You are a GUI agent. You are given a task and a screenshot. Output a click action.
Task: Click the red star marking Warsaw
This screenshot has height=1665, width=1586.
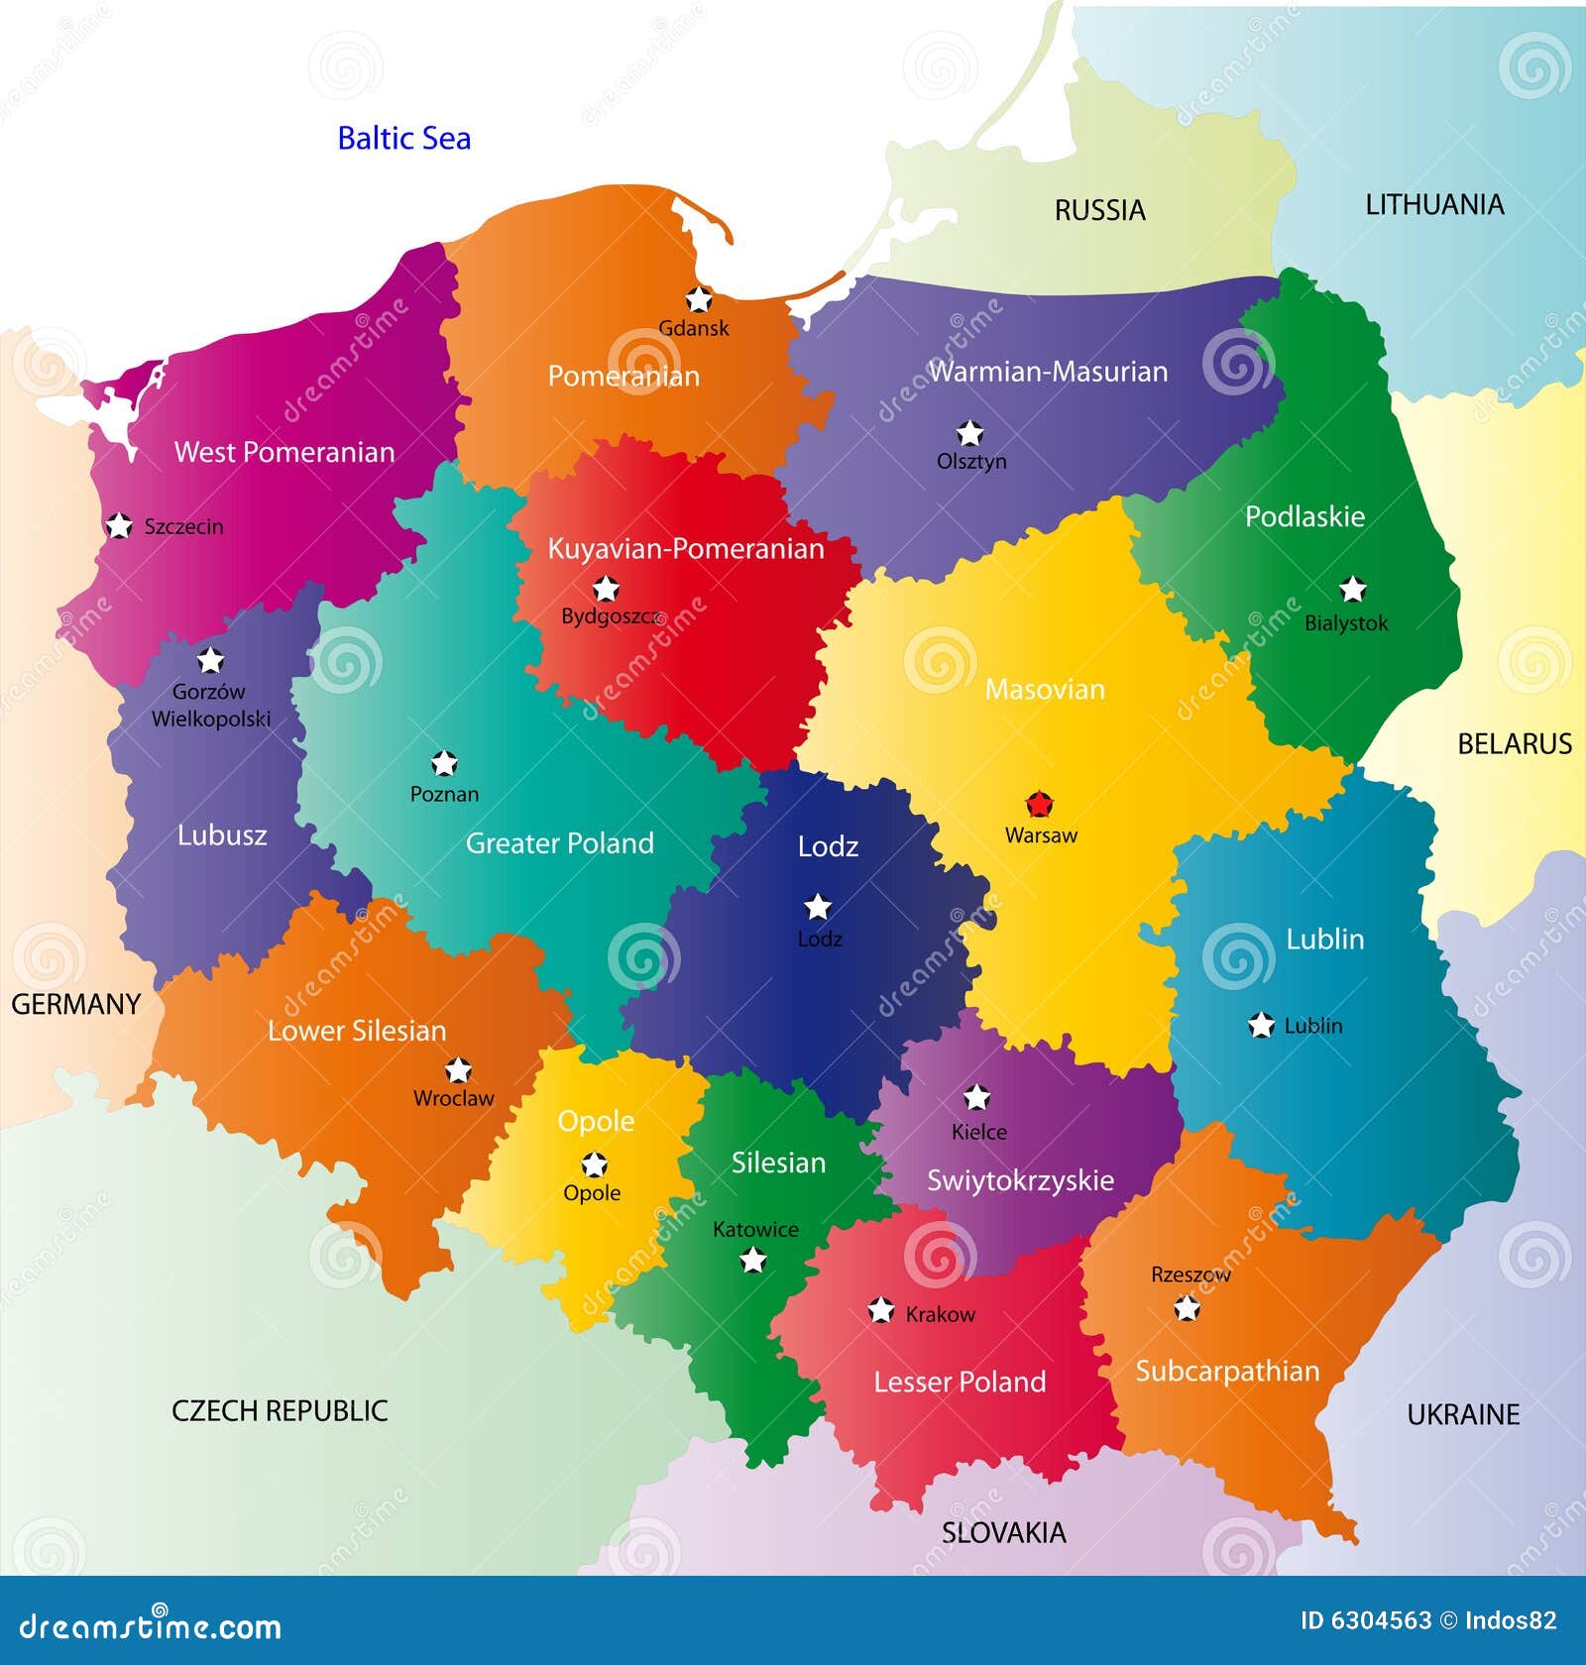pos(1038,804)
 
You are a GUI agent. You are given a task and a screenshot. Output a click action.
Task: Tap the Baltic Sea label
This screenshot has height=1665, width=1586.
pos(403,138)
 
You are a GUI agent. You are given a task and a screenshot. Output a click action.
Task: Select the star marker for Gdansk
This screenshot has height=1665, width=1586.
pos(699,298)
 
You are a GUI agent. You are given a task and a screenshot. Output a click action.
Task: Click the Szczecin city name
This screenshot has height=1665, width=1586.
pos(183,526)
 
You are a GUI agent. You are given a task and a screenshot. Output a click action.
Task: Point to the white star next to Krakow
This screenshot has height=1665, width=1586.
pos(880,1311)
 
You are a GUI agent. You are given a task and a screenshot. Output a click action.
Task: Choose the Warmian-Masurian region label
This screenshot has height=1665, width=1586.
pos(1048,372)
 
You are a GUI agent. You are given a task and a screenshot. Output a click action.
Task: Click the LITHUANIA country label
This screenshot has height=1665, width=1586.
pos(1433,205)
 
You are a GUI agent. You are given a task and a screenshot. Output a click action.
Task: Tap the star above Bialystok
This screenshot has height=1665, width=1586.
pos(1352,590)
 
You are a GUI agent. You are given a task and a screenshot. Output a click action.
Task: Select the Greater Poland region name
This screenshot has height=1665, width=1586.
pos(560,843)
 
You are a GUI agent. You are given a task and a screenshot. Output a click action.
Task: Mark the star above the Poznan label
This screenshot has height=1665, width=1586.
pos(444,763)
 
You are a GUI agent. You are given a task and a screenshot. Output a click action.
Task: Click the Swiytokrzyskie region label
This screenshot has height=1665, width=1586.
pos(1020,1180)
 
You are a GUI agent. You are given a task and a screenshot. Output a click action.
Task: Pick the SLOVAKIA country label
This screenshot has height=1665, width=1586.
pos(1003,1532)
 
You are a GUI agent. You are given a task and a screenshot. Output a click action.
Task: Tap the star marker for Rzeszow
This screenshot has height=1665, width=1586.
pos(1187,1309)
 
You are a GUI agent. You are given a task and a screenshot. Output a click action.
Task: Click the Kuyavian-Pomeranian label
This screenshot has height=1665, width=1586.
pos(686,549)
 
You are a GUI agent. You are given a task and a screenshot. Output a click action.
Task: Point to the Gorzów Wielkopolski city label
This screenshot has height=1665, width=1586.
pos(210,705)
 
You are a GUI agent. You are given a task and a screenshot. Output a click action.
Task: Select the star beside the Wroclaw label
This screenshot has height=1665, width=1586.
pos(457,1070)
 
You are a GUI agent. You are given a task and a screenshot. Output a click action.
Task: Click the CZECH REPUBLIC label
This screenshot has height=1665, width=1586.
pos(280,1410)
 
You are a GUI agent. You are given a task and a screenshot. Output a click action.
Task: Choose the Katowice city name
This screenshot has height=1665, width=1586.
pos(755,1229)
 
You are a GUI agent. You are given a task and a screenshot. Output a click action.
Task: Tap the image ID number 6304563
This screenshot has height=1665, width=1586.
pos(1381,1620)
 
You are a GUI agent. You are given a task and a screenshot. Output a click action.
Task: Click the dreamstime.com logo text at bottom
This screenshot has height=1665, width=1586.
pos(151,1625)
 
